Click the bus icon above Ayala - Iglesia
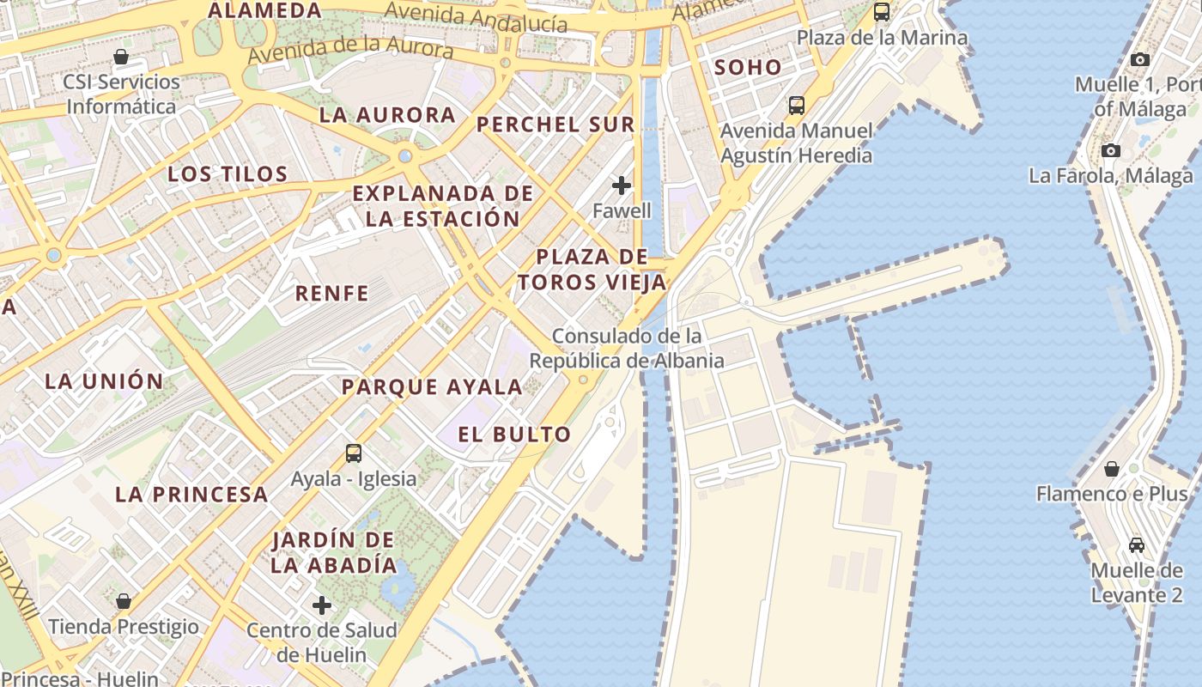pyautogui.click(x=353, y=453)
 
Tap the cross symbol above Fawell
pyautogui.click(x=622, y=185)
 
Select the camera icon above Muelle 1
pyautogui.click(x=1139, y=59)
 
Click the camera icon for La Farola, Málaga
pyautogui.click(x=1111, y=150)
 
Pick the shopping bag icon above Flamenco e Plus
pyautogui.click(x=1112, y=469)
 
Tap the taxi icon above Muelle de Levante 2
pyautogui.click(x=1137, y=544)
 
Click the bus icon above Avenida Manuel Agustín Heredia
pyautogui.click(x=797, y=106)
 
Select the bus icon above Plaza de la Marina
pyautogui.click(x=882, y=12)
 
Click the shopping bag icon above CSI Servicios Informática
pyautogui.click(x=121, y=57)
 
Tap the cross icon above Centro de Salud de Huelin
pyautogui.click(x=322, y=605)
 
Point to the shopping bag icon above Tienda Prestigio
pyautogui.click(x=124, y=601)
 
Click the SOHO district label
pyautogui.click(x=748, y=67)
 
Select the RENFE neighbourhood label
pyautogui.click(x=331, y=294)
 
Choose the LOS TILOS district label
pyautogui.click(x=228, y=174)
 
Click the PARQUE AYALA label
pyautogui.click(x=432, y=387)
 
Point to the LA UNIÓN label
pyautogui.click(x=104, y=381)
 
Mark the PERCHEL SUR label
pyautogui.click(x=555, y=125)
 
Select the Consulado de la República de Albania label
pyautogui.click(x=627, y=348)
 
